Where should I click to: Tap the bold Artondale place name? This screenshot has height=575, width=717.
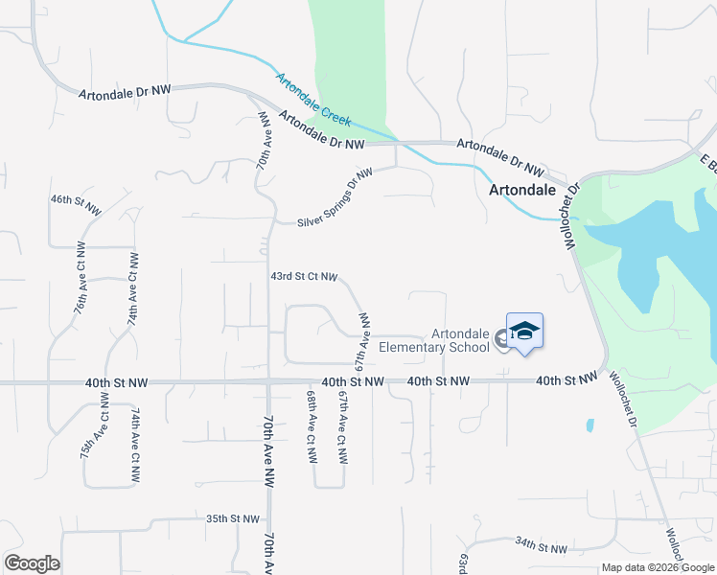tap(523, 190)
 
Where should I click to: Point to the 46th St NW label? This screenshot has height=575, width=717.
tap(75, 199)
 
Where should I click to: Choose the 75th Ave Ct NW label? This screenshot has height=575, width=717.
tap(95, 432)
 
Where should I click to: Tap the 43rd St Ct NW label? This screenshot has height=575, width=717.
tap(304, 276)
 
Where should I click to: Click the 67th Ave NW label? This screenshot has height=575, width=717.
tap(363, 342)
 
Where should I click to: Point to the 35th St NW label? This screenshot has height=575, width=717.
tap(233, 518)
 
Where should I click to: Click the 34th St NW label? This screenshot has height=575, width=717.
tap(541, 548)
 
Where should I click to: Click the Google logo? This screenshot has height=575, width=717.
tap(32, 563)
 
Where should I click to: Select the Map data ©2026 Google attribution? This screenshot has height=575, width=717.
tap(658, 567)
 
